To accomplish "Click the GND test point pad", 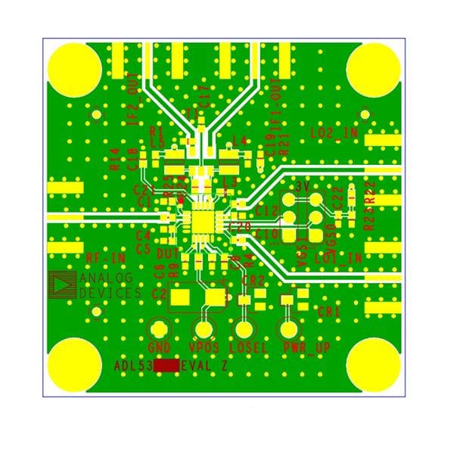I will (159, 330).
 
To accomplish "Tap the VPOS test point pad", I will (204, 330).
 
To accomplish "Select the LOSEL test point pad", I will (244, 330).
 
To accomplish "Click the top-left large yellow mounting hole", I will (71, 67).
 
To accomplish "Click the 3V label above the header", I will (303, 186).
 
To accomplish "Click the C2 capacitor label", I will (159, 293).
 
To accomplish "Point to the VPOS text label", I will (204, 349).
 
